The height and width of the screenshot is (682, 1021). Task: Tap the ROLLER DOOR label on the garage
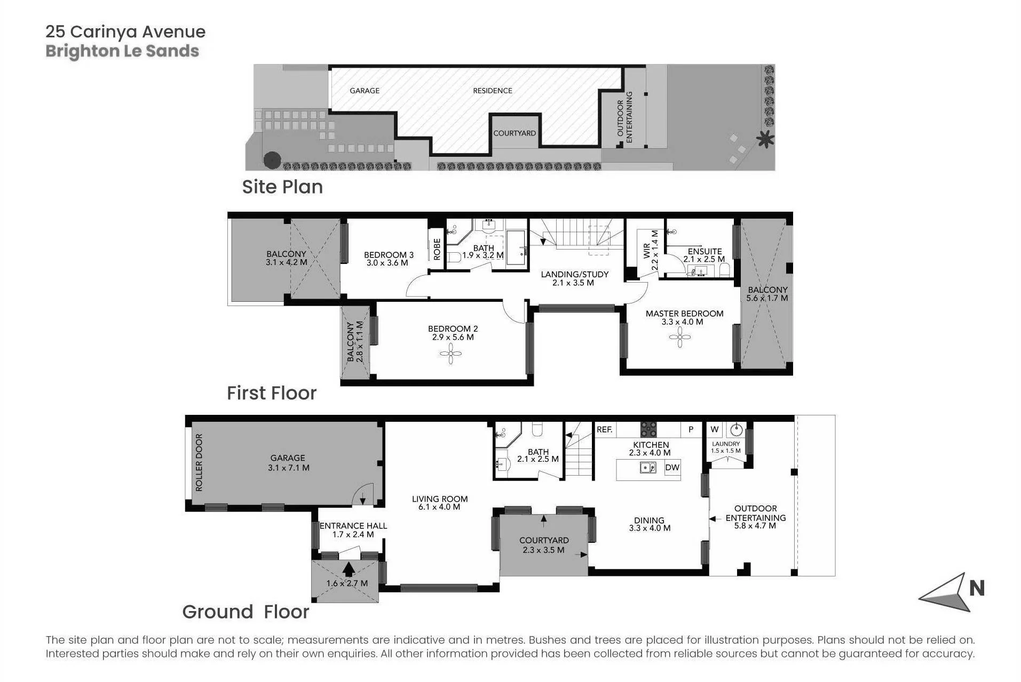click(x=199, y=462)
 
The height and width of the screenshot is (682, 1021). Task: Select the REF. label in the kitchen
click(x=605, y=429)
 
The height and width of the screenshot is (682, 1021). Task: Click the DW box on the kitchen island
click(x=672, y=468)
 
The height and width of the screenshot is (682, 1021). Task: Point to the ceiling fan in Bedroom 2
click(x=451, y=354)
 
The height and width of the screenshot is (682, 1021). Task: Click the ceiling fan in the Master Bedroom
click(x=680, y=337)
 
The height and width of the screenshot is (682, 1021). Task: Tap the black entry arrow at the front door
click(x=349, y=569)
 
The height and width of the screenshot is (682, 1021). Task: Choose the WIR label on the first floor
click(x=647, y=251)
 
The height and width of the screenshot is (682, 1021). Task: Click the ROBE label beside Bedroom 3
click(x=437, y=249)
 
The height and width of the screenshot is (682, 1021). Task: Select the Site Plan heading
click(x=282, y=187)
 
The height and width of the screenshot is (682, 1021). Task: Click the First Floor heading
click(x=272, y=393)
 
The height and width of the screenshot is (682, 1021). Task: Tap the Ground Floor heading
click(x=246, y=612)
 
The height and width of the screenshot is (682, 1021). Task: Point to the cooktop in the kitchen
click(x=649, y=429)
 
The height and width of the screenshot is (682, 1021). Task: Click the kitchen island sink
click(x=648, y=468)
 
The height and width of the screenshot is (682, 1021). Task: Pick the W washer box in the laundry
click(x=715, y=429)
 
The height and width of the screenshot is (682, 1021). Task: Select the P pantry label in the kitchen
click(x=691, y=429)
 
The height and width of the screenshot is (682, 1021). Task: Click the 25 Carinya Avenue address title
click(x=125, y=32)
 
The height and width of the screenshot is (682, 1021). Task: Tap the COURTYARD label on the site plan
click(x=515, y=133)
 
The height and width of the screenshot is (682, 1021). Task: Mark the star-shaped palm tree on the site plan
click(x=765, y=139)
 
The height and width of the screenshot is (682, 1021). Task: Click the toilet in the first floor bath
click(x=454, y=258)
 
